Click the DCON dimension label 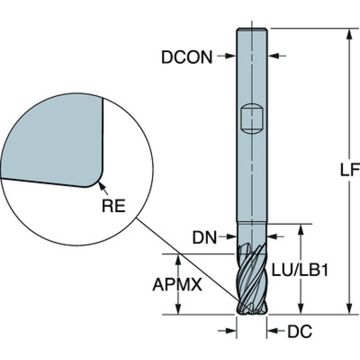pyautogui.click(x=187, y=57)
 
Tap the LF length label pyautogui.click(x=349, y=170)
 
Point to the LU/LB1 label pyautogui.click(x=299, y=271)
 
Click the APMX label pyautogui.click(x=177, y=285)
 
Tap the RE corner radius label pyautogui.click(x=114, y=205)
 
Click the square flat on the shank pyautogui.click(x=252, y=118)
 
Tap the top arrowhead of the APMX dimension pyautogui.click(x=177, y=258)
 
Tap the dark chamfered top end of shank pyautogui.click(x=252, y=31)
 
